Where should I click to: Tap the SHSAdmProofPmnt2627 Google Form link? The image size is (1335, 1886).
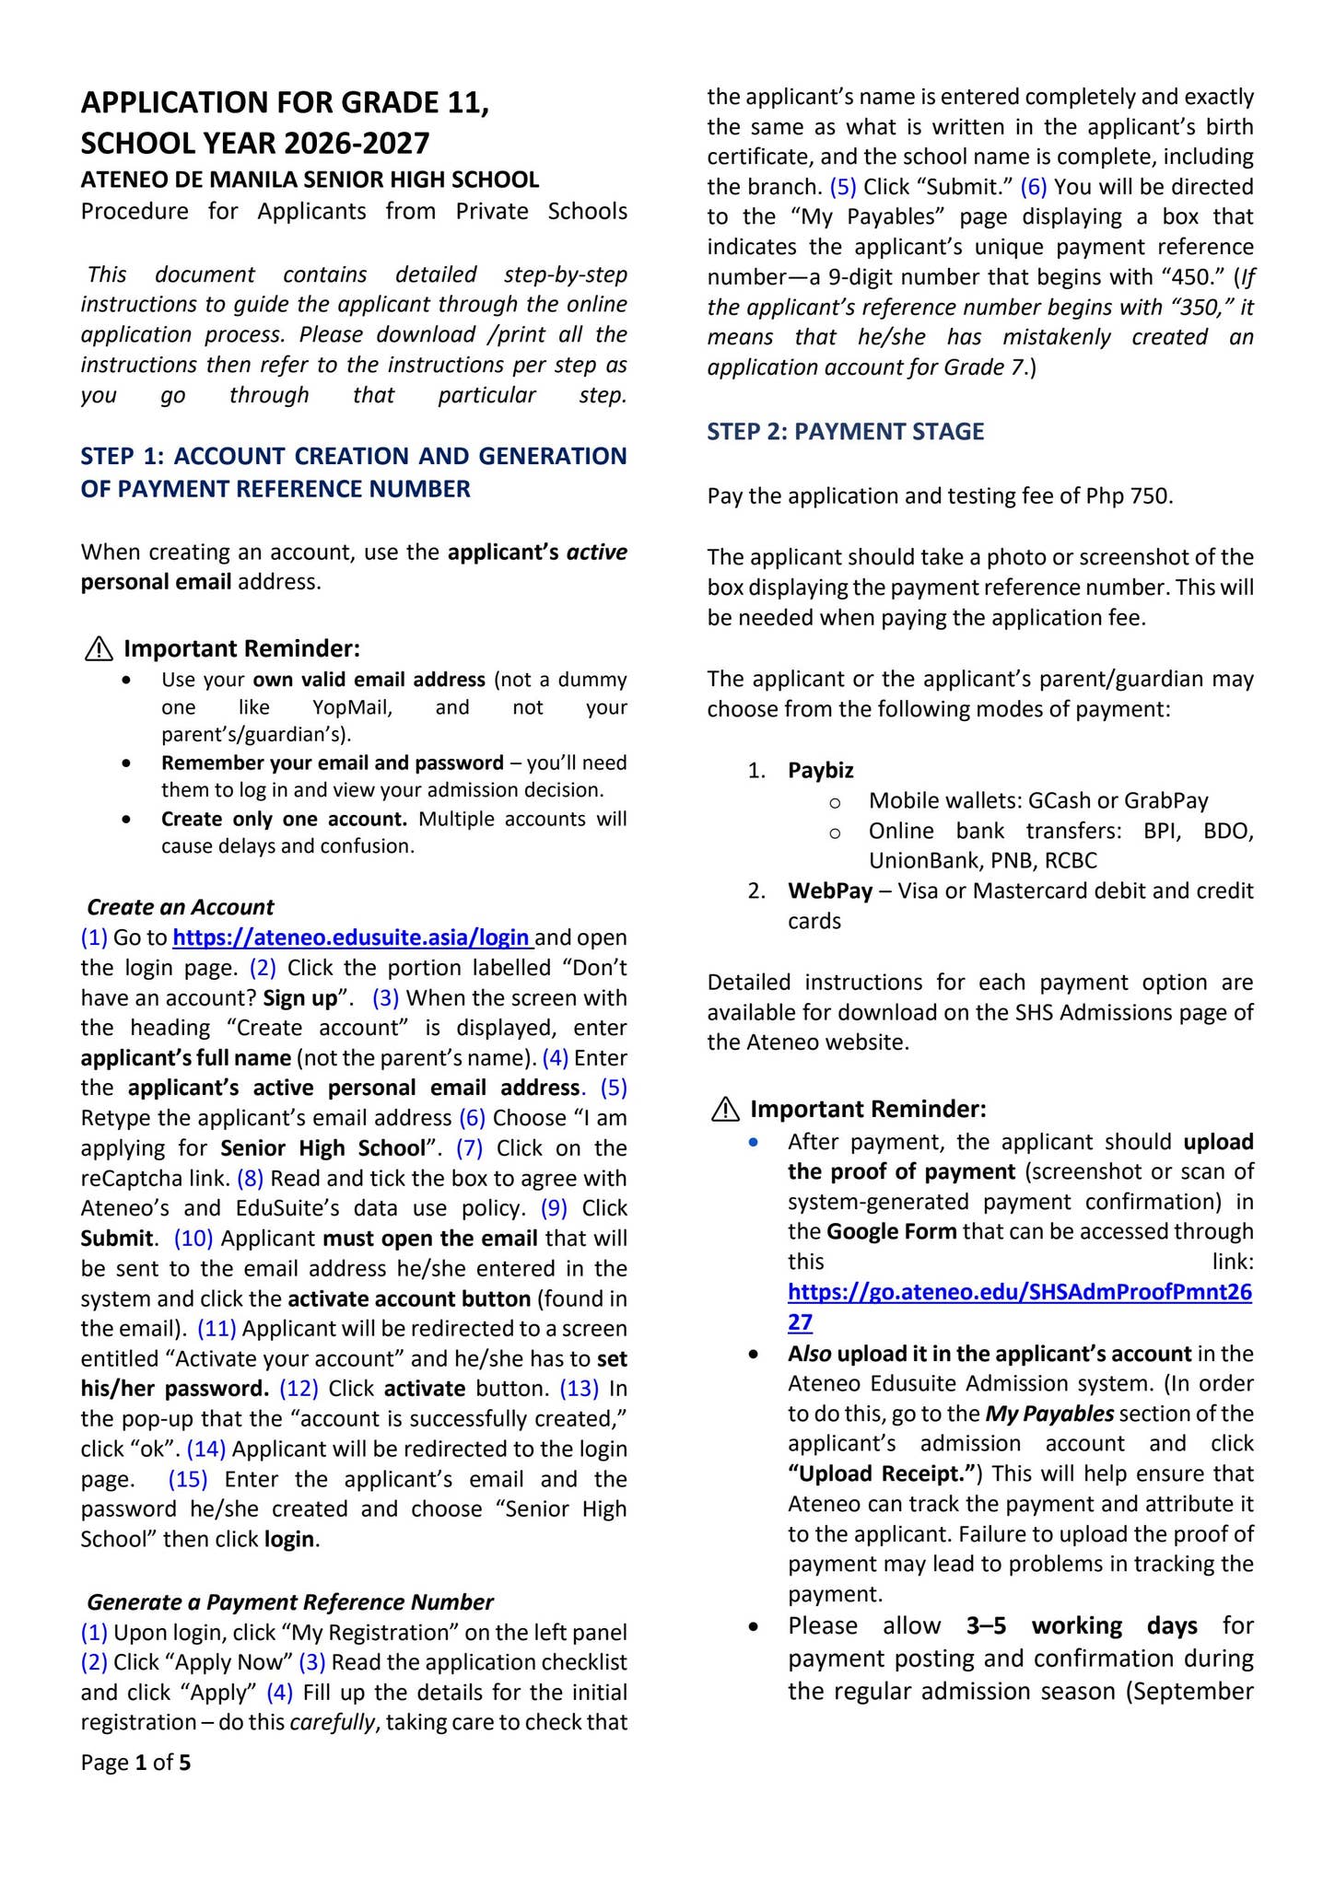click(1019, 1292)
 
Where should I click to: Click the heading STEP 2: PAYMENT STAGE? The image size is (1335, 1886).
click(845, 431)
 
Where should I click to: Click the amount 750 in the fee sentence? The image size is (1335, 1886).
click(1153, 496)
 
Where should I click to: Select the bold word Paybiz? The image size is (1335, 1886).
click(820, 770)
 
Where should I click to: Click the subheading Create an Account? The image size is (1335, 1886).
click(181, 907)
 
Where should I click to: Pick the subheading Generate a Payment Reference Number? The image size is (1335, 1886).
click(290, 1601)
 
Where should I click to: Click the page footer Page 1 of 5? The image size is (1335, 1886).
click(135, 1763)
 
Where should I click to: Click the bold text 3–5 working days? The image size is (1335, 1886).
click(1082, 1625)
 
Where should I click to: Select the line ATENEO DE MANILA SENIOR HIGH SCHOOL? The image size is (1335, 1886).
click(310, 180)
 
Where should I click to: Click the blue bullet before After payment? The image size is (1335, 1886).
click(755, 1142)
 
